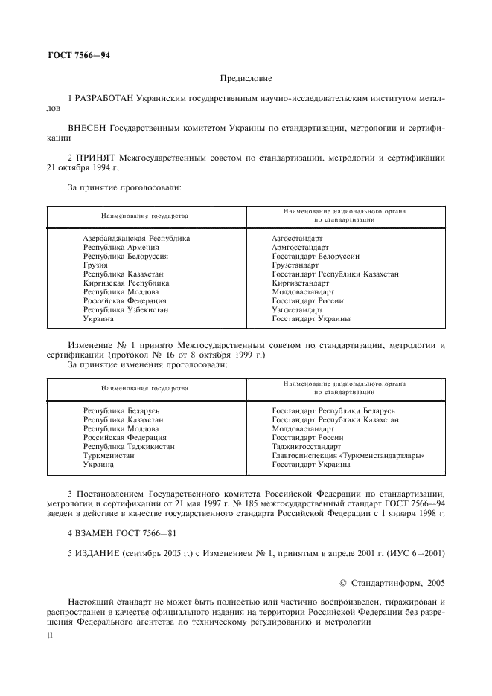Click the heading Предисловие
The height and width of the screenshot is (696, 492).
tap(246, 77)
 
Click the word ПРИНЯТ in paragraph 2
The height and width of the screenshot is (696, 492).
tap(97, 158)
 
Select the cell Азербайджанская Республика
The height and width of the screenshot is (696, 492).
tap(136, 238)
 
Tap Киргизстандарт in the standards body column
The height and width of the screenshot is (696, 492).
tap(300, 283)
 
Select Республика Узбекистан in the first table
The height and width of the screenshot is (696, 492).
tap(125, 309)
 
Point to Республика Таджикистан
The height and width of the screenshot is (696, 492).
tap(129, 446)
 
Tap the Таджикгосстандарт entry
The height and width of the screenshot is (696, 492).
tap(305, 446)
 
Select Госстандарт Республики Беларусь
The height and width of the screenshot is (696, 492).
tap(333, 410)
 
